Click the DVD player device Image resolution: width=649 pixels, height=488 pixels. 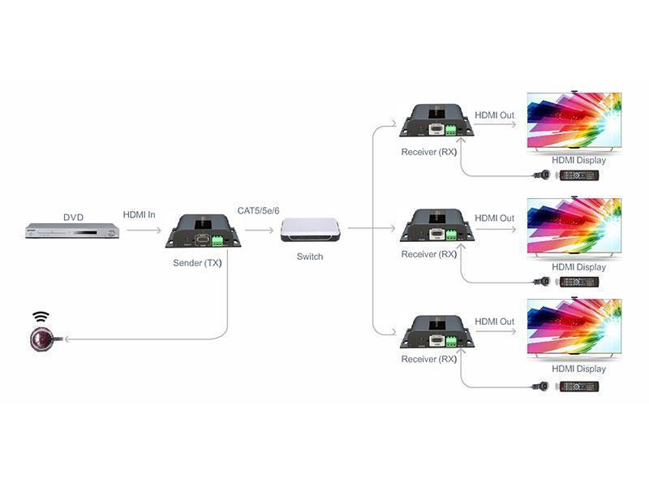point(72,231)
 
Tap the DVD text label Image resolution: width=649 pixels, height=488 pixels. point(73,217)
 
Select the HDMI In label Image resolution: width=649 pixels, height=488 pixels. point(139,214)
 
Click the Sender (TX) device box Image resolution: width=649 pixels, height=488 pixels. point(203,231)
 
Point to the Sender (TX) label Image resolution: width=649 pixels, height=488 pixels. point(197,262)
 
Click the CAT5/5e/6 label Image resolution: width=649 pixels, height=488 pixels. point(258,210)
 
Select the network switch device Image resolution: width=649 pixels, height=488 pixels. point(310,230)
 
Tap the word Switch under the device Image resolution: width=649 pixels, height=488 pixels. point(310,257)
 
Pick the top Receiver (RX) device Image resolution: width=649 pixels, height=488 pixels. point(436,120)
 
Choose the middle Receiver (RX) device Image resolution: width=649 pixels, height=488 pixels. point(437,226)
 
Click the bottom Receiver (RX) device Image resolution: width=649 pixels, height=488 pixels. point(437,331)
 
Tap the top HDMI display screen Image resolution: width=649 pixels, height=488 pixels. point(574,121)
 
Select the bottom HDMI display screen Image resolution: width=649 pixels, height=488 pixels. point(574,327)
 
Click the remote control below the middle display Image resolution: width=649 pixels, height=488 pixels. point(579,282)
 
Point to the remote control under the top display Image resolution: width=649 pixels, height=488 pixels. point(579,175)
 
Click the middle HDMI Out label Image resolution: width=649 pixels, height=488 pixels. point(494,218)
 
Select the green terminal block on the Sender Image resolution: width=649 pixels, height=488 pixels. point(217,240)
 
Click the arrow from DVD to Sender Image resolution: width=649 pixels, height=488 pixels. point(144,230)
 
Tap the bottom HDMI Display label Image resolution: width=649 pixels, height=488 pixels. point(578,369)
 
